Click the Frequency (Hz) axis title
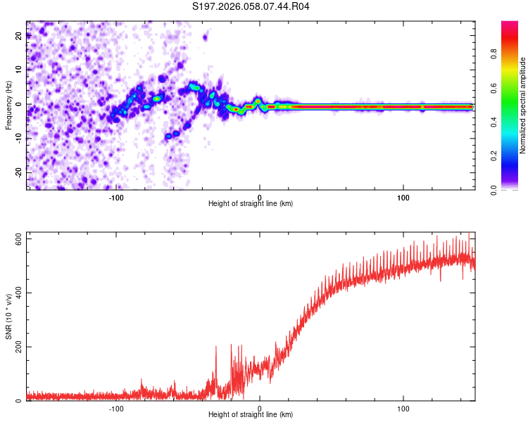point(8,105)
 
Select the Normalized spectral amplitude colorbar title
point(523,105)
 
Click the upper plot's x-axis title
point(251,203)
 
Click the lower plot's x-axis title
point(251,414)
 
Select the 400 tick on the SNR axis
point(17,293)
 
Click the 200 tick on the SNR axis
point(17,347)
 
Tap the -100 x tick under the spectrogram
point(116,197)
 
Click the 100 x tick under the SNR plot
point(403,409)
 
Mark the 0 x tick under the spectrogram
point(260,197)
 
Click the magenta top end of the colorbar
point(510,24)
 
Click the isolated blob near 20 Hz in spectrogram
point(206,37)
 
